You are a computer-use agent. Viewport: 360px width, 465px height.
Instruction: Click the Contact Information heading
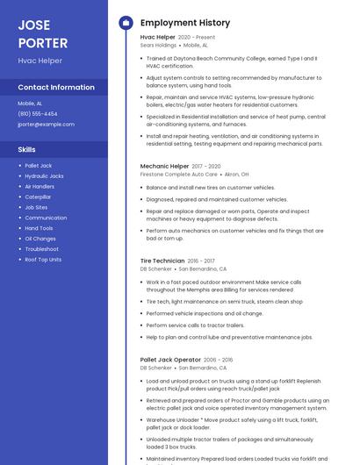56,88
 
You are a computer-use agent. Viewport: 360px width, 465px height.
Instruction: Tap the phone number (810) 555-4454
38,113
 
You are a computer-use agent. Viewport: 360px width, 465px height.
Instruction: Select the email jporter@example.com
46,124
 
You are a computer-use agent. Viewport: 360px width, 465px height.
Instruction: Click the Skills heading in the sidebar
26,149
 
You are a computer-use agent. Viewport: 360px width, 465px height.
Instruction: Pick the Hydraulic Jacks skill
44,176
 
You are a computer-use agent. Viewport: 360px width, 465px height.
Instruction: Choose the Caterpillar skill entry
38,197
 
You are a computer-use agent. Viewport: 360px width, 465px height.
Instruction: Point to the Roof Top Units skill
43,260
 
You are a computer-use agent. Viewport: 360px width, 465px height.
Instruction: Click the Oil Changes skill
40,239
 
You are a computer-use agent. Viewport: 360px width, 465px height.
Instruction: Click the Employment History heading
185,23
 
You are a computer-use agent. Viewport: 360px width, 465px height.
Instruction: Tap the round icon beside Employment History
125,23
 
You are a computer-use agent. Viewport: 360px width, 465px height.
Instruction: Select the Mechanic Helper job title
164,166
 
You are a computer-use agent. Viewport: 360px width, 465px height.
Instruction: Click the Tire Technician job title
162,261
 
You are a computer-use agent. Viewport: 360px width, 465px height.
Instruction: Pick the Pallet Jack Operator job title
170,360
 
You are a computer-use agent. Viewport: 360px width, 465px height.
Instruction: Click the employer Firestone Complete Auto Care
178,174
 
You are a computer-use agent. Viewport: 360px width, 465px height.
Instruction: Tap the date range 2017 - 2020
206,166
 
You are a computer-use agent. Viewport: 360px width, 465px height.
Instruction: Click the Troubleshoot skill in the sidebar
41,249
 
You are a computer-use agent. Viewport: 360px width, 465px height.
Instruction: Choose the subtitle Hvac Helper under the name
40,61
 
